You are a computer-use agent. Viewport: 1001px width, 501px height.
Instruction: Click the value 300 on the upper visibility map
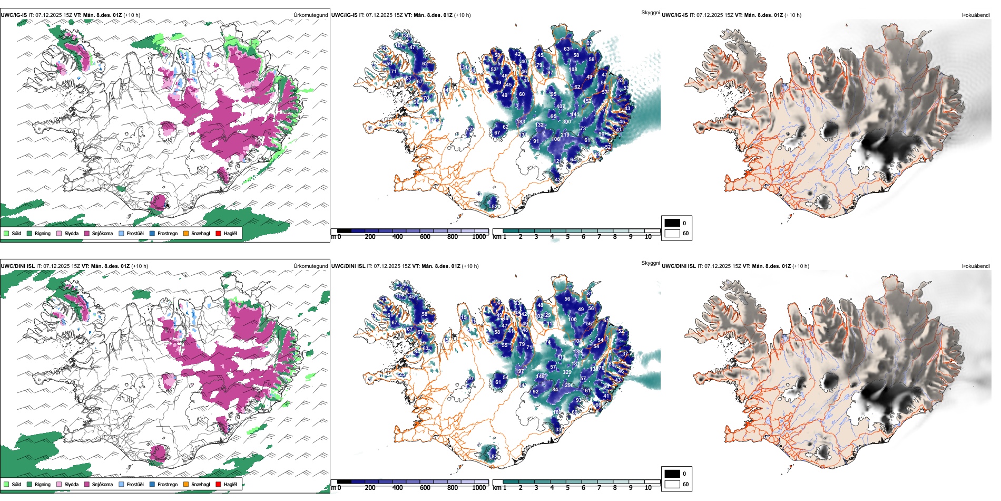566,122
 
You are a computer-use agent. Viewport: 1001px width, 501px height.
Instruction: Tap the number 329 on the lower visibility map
567,372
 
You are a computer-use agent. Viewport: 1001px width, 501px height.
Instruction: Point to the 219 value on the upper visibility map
565,135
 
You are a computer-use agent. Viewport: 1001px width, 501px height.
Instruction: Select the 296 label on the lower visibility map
569,386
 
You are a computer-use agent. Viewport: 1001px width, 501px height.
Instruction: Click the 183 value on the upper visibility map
521,122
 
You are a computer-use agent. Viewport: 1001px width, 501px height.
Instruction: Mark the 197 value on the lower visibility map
520,371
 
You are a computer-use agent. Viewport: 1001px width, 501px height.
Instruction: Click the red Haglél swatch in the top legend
219,233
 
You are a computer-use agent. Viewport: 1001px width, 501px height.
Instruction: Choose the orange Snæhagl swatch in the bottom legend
186,484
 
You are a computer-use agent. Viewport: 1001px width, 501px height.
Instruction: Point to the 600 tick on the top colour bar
425,237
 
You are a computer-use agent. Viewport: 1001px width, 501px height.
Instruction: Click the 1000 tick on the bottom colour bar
479,488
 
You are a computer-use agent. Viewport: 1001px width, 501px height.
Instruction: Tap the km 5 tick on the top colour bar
567,237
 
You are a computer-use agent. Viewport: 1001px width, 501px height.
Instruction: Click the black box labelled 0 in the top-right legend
672,223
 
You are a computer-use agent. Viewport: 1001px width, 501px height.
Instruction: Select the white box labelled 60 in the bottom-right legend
672,484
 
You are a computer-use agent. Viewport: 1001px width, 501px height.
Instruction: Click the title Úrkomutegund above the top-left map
310,15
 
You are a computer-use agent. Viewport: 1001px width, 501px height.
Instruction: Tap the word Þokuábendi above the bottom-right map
976,266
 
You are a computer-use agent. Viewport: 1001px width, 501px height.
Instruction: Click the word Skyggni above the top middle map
650,12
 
